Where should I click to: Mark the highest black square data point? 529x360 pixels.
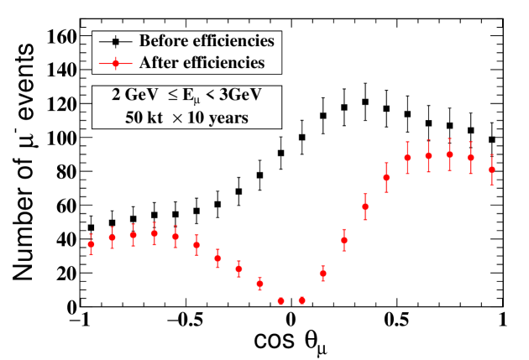(x=365, y=102)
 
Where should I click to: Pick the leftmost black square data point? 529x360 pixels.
(x=91, y=227)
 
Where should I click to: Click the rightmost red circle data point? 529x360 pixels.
(x=491, y=170)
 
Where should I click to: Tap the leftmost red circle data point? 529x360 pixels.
(x=91, y=244)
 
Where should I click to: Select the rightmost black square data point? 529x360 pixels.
(x=491, y=139)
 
